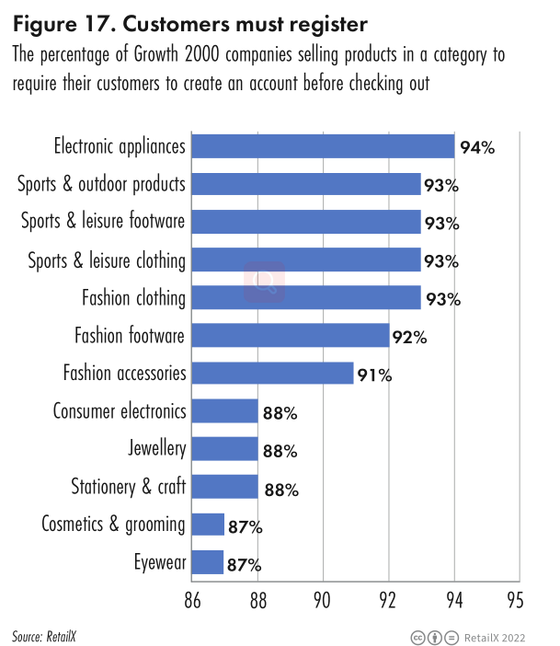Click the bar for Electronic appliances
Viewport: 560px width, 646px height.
[322, 146]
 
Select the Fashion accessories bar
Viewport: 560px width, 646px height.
[272, 374]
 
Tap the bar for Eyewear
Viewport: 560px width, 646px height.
[208, 562]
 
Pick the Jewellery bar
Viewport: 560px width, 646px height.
[224, 449]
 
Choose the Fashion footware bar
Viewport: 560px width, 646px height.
[290, 336]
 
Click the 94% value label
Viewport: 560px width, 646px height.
[477, 147]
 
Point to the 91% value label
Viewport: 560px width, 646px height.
[375, 375]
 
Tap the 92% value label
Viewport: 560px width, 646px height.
[410, 337]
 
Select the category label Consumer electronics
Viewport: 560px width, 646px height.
[120, 411]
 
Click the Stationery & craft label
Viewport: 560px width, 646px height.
[129, 487]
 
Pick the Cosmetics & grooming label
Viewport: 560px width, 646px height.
[114, 525]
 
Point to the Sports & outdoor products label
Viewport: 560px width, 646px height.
[102, 184]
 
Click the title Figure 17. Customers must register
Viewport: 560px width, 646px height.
[178, 21]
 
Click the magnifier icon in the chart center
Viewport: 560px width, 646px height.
[264, 280]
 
